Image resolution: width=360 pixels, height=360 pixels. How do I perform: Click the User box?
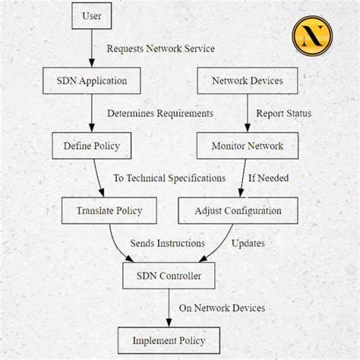pos(91,15)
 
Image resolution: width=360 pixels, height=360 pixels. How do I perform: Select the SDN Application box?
pos(91,80)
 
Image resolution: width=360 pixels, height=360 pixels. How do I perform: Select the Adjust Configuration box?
pos(238,210)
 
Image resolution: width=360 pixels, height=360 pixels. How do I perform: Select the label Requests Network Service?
pos(160,49)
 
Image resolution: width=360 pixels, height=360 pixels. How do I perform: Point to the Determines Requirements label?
pos(160,113)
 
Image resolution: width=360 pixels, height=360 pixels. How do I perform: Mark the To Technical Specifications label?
pos(169,178)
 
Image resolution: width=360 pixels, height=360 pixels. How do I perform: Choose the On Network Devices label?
pos(221,308)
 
